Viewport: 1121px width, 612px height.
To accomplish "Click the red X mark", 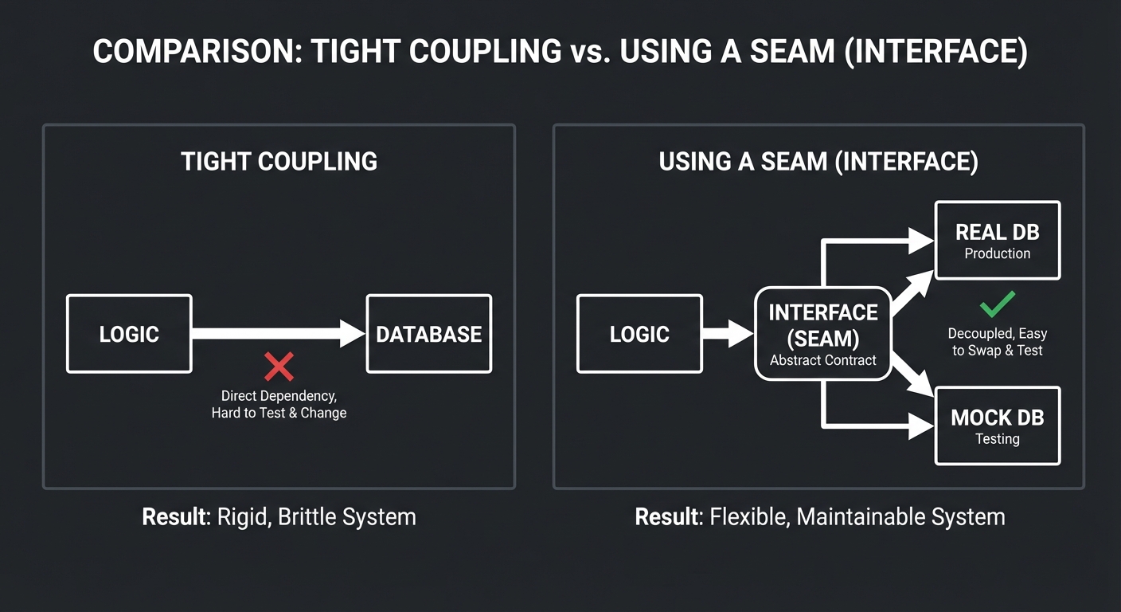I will coord(279,367).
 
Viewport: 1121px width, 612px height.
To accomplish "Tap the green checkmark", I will coord(997,304).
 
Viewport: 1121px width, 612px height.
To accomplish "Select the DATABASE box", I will coord(428,334).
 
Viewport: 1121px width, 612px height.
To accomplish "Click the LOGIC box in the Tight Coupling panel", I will coord(129,334).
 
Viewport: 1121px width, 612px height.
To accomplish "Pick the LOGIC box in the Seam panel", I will coord(639,334).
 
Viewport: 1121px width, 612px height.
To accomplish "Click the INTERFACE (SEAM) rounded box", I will coord(822,333).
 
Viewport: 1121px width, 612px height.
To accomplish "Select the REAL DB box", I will coord(997,241).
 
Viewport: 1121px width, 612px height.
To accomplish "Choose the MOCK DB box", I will coord(997,426).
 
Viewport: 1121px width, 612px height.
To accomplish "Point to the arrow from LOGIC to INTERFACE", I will coord(727,333).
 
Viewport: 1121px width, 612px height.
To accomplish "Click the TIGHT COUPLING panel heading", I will coord(279,162).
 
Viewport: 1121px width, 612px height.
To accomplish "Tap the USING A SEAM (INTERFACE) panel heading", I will coord(818,162).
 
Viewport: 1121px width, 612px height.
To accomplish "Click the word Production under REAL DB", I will coord(997,253).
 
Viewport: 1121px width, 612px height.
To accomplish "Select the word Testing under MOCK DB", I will coord(997,439).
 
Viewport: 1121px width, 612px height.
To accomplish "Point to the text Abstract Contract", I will coord(822,360).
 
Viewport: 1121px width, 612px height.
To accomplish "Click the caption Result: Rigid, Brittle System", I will coord(279,516).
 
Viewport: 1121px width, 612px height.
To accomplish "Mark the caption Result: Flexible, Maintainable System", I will coord(819,516).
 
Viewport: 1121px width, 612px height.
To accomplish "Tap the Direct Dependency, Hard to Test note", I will coord(279,404).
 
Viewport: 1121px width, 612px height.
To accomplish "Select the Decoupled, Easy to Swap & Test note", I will coord(997,342).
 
